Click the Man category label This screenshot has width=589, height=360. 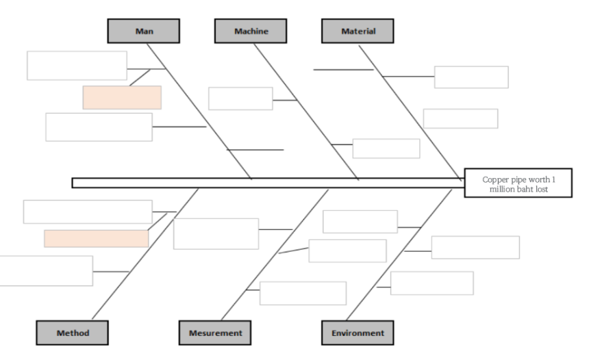pyautogui.click(x=143, y=31)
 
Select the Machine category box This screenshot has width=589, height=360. pyautogui.click(x=250, y=31)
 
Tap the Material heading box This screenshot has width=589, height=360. pyautogui.click(x=358, y=31)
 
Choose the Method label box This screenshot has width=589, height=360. pyautogui.click(x=73, y=333)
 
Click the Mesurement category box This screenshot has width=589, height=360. pyautogui.click(x=215, y=333)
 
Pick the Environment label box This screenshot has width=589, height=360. pyautogui.click(x=358, y=333)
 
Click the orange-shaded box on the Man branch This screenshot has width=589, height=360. pyautogui.click(x=122, y=97)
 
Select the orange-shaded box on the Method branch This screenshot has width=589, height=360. pyautogui.click(x=96, y=238)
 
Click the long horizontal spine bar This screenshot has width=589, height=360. pyautogui.click(x=267, y=183)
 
